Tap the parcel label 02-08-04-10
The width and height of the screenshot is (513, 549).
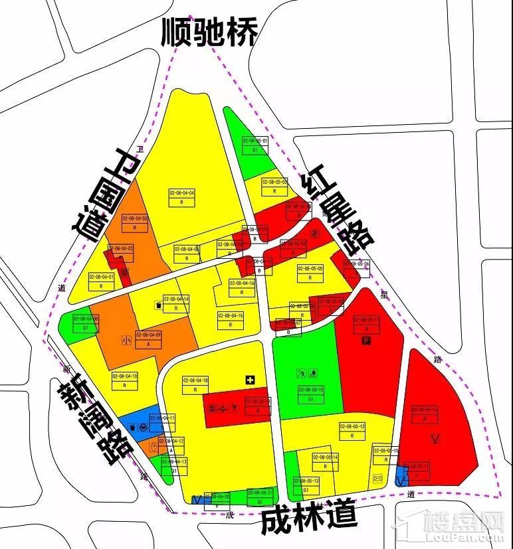pos(125,376)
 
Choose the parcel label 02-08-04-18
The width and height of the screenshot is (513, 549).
pos(196,380)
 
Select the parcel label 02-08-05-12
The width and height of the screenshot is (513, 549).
pos(352,426)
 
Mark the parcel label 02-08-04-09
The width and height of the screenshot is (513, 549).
pos(149,335)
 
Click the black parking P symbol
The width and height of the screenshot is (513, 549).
pos(365,341)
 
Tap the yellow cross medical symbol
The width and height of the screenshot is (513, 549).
pos(250,380)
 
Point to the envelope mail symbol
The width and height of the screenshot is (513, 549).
pos(379,479)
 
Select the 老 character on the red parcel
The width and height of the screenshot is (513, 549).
pos(315,233)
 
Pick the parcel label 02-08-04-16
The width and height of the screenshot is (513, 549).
pos(242,283)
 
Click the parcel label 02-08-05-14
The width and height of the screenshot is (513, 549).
pos(326,457)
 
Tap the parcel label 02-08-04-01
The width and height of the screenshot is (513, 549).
pos(102,277)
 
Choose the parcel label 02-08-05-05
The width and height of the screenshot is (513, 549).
pos(310,269)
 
